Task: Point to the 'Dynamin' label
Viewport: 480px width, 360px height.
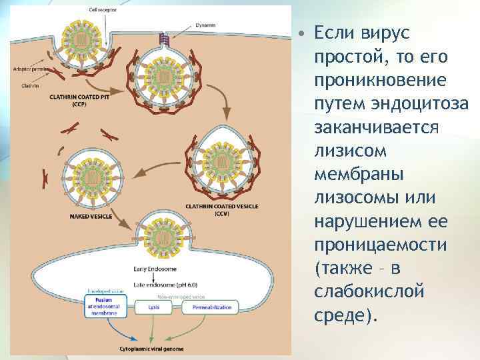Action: click(205, 25)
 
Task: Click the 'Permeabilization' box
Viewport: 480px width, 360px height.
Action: click(213, 308)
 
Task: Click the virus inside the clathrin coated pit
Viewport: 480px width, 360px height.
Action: click(82, 41)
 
